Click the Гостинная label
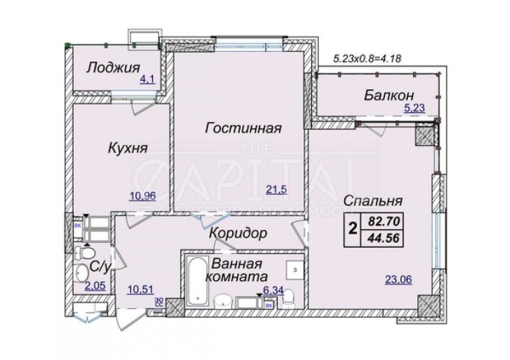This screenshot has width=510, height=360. pyautogui.click(x=241, y=129)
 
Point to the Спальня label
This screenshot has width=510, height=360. pyautogui.click(x=371, y=200)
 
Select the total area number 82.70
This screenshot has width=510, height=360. pyautogui.click(x=385, y=223)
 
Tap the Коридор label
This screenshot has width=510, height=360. pyautogui.click(x=238, y=234)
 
